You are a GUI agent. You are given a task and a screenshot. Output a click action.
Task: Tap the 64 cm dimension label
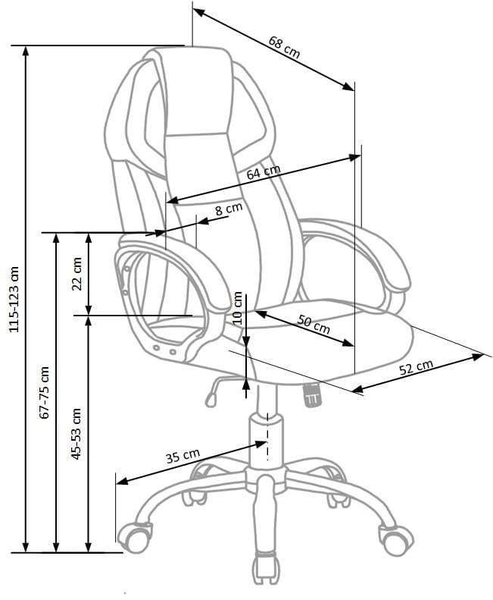click(x=264, y=172)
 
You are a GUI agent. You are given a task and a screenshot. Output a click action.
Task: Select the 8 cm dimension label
click(x=228, y=209)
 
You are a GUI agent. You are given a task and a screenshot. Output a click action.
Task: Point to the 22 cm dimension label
click(x=76, y=274)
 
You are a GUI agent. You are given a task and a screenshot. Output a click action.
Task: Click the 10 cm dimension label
click(x=239, y=307)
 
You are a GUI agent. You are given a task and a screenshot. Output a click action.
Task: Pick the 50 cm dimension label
click(x=314, y=324)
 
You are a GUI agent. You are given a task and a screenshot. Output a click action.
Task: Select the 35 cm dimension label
click(x=182, y=456)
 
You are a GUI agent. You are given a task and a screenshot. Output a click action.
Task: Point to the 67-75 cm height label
click(x=44, y=392)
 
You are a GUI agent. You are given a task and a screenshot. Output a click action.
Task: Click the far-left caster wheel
click(x=136, y=536)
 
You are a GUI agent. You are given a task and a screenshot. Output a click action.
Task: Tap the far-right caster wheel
click(x=395, y=539)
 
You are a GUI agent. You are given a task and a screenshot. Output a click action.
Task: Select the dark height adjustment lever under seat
click(x=310, y=394)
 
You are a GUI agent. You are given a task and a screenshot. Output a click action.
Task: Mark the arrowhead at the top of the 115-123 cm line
click(x=27, y=51)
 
